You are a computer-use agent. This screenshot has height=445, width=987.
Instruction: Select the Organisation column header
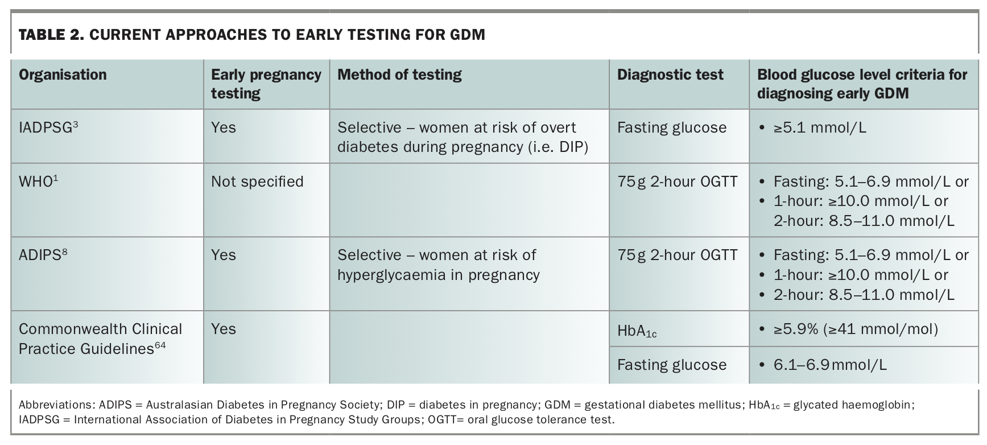pyautogui.click(x=63, y=75)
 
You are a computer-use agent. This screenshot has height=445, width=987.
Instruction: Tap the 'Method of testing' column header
pyautogui.click(x=399, y=75)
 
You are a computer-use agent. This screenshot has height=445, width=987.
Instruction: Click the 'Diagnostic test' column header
pyautogui.click(x=670, y=75)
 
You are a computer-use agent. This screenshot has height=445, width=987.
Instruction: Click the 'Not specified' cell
pyautogui.click(x=257, y=182)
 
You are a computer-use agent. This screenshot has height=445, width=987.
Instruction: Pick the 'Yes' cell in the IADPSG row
pyautogui.click(x=224, y=127)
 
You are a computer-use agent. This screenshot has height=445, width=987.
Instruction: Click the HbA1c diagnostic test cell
pyautogui.click(x=637, y=331)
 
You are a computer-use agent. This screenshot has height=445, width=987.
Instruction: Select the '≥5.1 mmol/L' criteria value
pyautogui.click(x=819, y=127)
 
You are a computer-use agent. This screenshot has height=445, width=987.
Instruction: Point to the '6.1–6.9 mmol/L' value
pyautogui.click(x=829, y=365)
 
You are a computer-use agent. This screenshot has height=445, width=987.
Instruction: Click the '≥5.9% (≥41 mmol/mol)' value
pyautogui.click(x=855, y=329)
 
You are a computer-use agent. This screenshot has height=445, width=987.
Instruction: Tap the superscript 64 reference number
pyautogui.click(x=160, y=345)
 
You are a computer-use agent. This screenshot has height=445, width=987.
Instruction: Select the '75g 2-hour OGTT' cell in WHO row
pyautogui.click(x=677, y=182)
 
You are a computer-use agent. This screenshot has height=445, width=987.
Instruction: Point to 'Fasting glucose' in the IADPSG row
pyautogui.click(x=671, y=127)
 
